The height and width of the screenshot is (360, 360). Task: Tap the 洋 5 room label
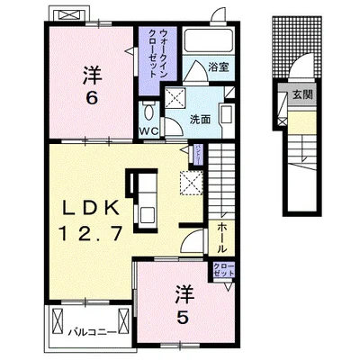point(184,306)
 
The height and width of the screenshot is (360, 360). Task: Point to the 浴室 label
point(218,67)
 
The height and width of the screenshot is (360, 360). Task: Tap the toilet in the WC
point(149,111)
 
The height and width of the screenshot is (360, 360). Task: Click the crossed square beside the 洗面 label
point(175,99)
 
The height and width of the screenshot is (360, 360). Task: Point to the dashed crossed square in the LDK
point(190,184)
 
